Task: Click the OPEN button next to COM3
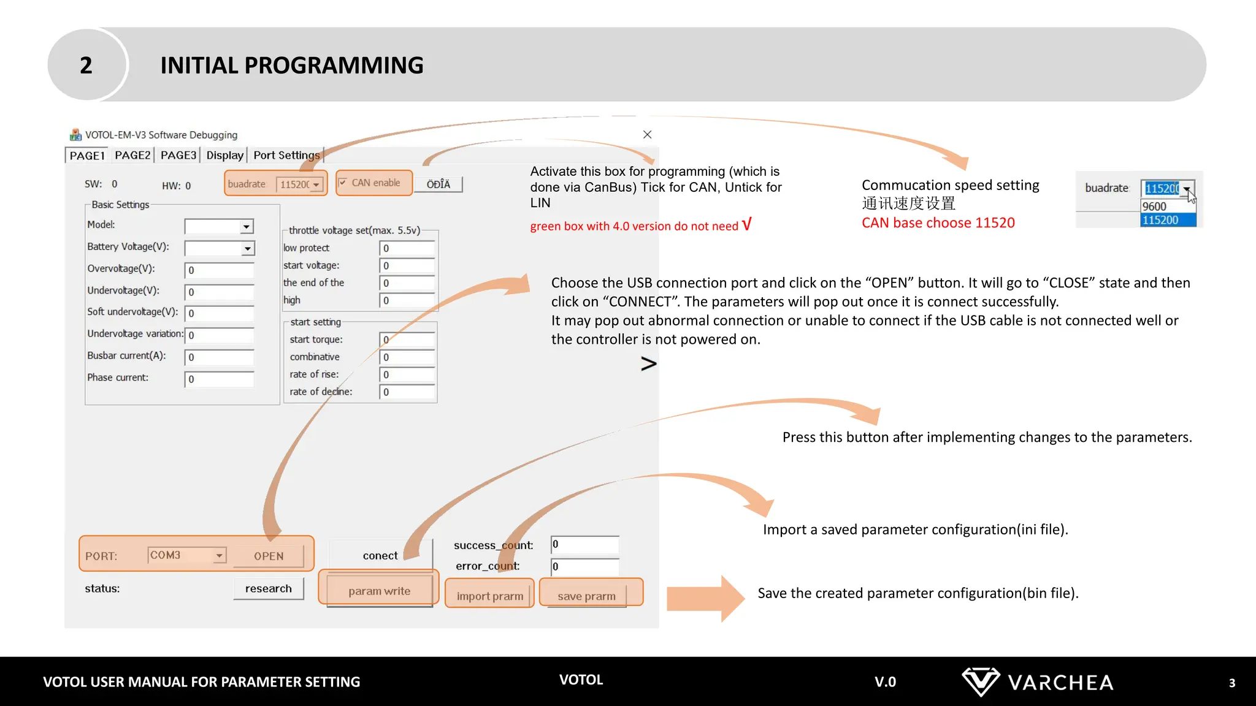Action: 269,556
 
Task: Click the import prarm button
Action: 489,596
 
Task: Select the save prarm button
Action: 586,596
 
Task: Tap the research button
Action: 269,588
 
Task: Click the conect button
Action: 380,555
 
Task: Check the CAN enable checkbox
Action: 343,183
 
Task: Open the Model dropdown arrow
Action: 246,227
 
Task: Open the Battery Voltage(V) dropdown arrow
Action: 247,249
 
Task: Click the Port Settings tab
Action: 286,156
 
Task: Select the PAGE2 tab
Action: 132,156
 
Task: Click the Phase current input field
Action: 220,379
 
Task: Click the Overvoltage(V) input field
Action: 220,270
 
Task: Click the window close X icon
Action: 647,135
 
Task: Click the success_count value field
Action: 584,544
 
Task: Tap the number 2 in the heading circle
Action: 86,65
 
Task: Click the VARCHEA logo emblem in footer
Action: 980,681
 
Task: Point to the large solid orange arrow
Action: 705,598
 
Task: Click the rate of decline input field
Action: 407,392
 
